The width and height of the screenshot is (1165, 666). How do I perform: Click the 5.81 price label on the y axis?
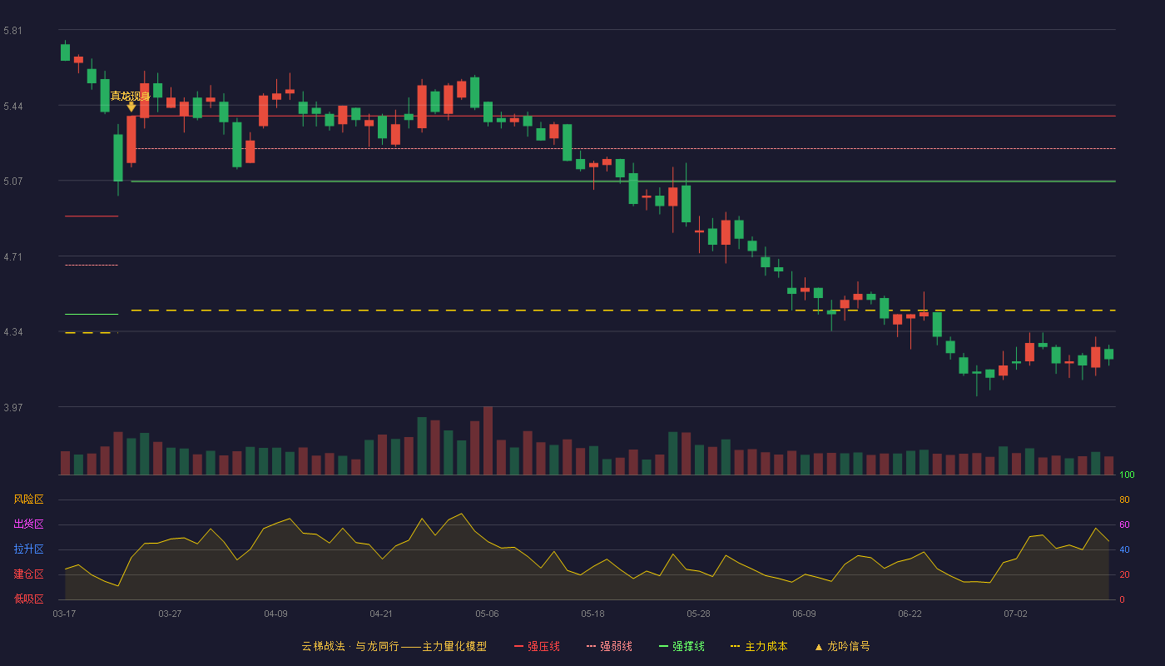tap(13, 31)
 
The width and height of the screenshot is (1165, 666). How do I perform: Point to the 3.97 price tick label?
tap(13, 407)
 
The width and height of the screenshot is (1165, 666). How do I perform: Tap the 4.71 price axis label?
tap(13, 257)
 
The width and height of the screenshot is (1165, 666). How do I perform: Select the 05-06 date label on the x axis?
tap(487, 614)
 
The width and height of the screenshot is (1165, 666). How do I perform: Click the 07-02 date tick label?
tap(1015, 614)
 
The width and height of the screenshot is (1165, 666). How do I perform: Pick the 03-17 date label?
tap(65, 614)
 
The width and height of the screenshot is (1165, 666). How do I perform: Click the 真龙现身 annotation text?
tap(130, 96)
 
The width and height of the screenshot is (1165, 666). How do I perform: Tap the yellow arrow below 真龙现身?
tap(131, 107)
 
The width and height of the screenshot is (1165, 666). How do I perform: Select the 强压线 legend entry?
tap(537, 646)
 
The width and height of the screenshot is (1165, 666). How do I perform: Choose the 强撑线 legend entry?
tap(682, 646)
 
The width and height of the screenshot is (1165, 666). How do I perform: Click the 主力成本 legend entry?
tap(759, 646)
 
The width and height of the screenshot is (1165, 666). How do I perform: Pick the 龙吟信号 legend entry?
tap(842, 646)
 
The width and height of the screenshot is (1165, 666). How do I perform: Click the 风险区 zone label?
tap(28, 499)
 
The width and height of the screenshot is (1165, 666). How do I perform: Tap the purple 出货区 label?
tap(28, 524)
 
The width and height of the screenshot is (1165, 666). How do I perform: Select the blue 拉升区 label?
tap(28, 549)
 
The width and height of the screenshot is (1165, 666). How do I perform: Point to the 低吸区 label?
tap(28, 599)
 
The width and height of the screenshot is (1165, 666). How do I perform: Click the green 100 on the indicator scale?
tap(1127, 475)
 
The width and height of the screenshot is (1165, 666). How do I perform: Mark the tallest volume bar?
tap(488, 440)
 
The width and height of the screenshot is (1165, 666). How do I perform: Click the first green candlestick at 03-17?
tap(65, 52)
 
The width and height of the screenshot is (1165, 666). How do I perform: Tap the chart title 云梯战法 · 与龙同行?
tap(350, 646)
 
